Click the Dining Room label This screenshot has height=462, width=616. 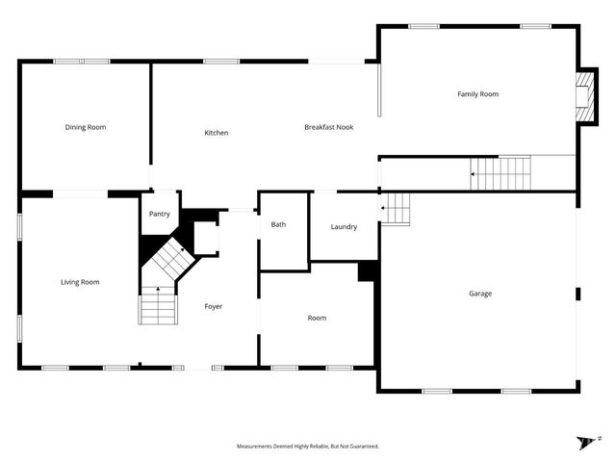(x=85, y=127)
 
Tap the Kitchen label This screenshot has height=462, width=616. (x=216, y=133)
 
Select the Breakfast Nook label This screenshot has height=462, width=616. (x=328, y=127)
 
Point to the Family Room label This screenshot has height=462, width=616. (x=477, y=94)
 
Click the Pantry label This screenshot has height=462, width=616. (x=159, y=215)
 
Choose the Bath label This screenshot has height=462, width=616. (x=278, y=224)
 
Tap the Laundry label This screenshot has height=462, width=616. (x=344, y=227)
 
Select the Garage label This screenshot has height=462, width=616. (x=479, y=294)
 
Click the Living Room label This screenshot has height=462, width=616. (x=80, y=282)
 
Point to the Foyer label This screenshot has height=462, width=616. (x=213, y=307)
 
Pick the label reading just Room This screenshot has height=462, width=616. (x=317, y=318)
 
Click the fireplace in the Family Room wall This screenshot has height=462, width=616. (x=583, y=97)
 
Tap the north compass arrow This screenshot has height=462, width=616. (x=587, y=442)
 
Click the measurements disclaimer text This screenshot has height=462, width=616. (x=308, y=447)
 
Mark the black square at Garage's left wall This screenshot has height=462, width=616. (x=367, y=271)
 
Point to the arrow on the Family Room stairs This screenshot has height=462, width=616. (x=474, y=174)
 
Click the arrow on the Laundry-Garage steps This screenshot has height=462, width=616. (x=383, y=207)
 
